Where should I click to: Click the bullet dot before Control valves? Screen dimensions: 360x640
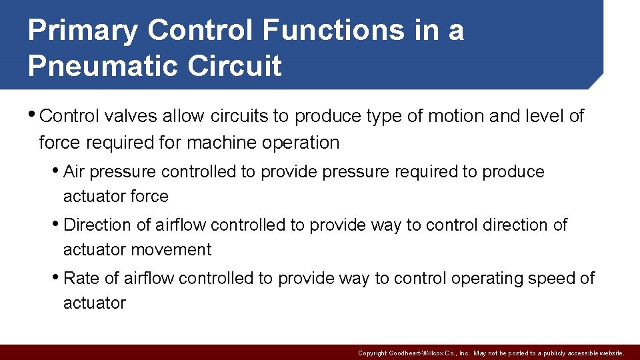coord(33,114)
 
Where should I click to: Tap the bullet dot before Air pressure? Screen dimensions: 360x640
coord(57,170)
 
